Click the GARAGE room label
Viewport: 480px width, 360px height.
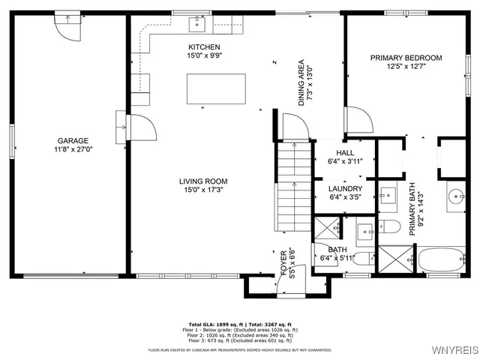(73, 140)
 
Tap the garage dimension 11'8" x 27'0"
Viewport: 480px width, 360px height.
(73, 148)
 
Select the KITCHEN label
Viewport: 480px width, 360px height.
(204, 46)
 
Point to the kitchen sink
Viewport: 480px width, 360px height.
(198, 25)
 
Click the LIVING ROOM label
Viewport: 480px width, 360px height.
(202, 181)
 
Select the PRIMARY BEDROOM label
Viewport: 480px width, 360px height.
(406, 58)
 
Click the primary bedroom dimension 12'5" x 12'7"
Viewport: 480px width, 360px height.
(406, 67)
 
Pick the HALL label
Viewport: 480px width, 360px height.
(345, 151)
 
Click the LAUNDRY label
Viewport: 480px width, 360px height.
(346, 188)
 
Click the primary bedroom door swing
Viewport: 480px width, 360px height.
(355, 118)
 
